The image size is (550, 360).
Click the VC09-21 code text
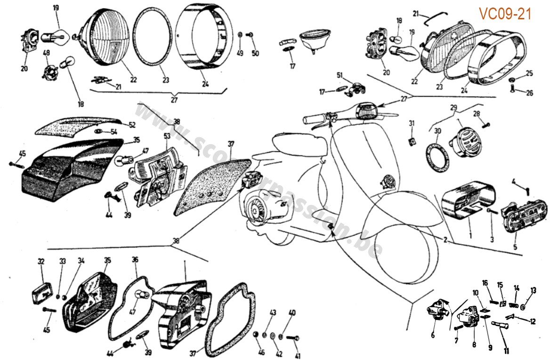point(505,14)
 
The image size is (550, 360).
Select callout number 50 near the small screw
point(255,53)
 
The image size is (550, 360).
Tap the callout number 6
point(433,336)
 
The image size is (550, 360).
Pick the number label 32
point(41,262)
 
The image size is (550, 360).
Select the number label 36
point(135,259)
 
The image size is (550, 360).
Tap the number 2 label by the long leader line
point(445,239)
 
